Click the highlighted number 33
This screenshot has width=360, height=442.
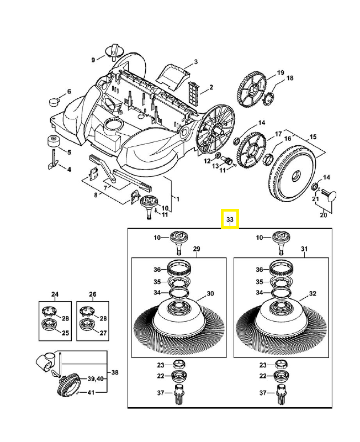[x=230, y=219]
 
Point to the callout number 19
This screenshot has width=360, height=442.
[x=280, y=73]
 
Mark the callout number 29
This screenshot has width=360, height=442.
[x=196, y=249]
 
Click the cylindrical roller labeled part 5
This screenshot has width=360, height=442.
[x=54, y=140]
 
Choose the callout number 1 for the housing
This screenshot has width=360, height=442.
[x=177, y=197]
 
